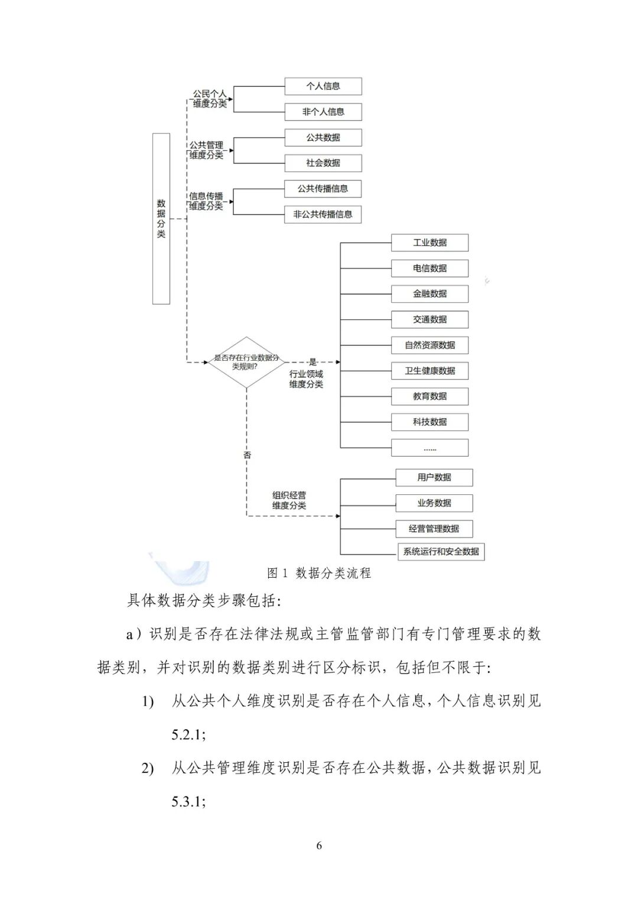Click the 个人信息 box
click(323, 86)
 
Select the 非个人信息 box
click(323, 112)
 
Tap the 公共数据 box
click(323, 138)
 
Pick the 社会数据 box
click(323, 163)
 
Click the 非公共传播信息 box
click(323, 215)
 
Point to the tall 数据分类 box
click(161, 219)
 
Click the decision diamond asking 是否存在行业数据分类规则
click(246, 362)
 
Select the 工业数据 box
click(429, 242)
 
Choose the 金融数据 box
click(429, 294)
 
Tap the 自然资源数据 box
click(429, 345)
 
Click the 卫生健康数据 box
click(429, 371)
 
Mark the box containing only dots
click(429, 448)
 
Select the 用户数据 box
click(434, 478)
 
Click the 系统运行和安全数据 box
click(441, 552)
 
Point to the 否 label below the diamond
click(247, 455)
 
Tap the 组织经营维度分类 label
click(289, 500)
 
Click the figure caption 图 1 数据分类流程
click(319, 573)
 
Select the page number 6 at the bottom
click(319, 846)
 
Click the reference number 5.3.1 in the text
click(188, 802)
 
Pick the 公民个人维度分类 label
click(210, 99)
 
